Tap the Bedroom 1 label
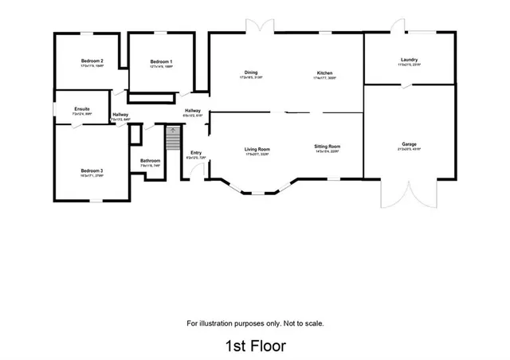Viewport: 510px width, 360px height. (162, 61)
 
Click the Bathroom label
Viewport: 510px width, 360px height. (151, 161)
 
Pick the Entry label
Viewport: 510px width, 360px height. (195, 153)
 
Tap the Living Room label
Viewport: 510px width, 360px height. (257, 149)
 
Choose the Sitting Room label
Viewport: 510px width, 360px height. (328, 147)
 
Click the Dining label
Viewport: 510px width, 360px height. (250, 72)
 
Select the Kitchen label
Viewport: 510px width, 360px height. (324, 72)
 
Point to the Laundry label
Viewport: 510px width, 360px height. (410, 61)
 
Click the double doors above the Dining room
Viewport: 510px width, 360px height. (259, 27)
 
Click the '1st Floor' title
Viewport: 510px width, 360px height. (255, 346)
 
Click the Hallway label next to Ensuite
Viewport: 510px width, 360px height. (120, 115)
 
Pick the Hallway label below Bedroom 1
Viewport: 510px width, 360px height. (193, 111)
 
